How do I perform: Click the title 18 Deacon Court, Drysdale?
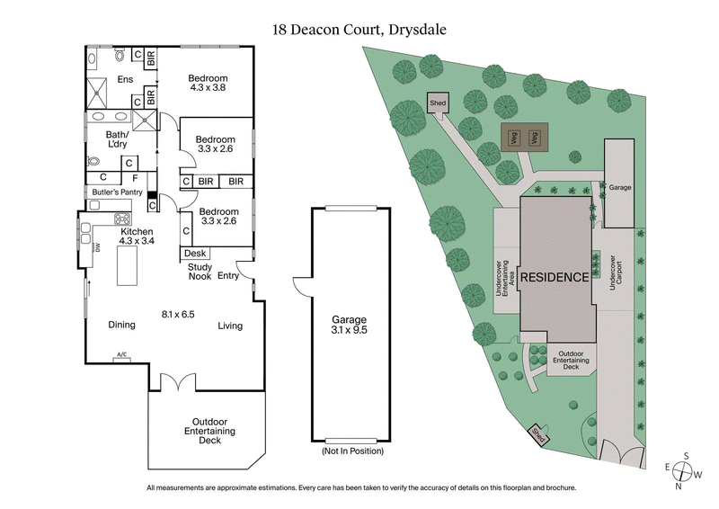click(359, 30)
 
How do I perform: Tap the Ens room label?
click(125, 79)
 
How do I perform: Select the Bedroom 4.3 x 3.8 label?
click(208, 81)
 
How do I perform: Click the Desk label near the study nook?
click(195, 254)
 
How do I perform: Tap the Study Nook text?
click(199, 271)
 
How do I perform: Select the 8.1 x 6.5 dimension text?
click(178, 315)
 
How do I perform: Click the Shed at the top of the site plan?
click(438, 103)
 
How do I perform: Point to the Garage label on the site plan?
click(620, 188)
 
